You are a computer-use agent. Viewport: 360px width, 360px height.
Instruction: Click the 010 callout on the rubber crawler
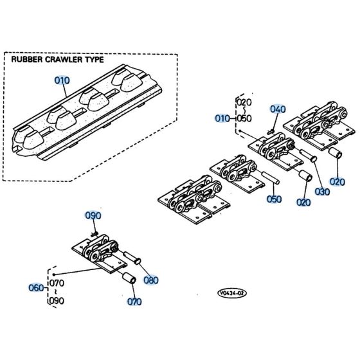coord(61,81)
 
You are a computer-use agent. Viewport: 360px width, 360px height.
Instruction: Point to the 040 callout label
coord(277,109)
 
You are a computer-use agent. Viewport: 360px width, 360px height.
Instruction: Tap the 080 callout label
coord(152,280)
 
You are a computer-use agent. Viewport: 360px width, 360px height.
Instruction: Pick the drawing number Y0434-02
coord(231,293)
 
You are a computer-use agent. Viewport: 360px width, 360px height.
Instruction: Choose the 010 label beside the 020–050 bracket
coord(221,118)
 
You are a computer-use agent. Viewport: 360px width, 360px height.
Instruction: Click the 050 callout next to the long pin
coord(274,199)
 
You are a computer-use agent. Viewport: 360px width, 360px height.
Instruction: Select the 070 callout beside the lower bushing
coord(134,300)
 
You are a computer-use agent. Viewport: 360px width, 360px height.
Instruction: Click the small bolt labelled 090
coord(94,235)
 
